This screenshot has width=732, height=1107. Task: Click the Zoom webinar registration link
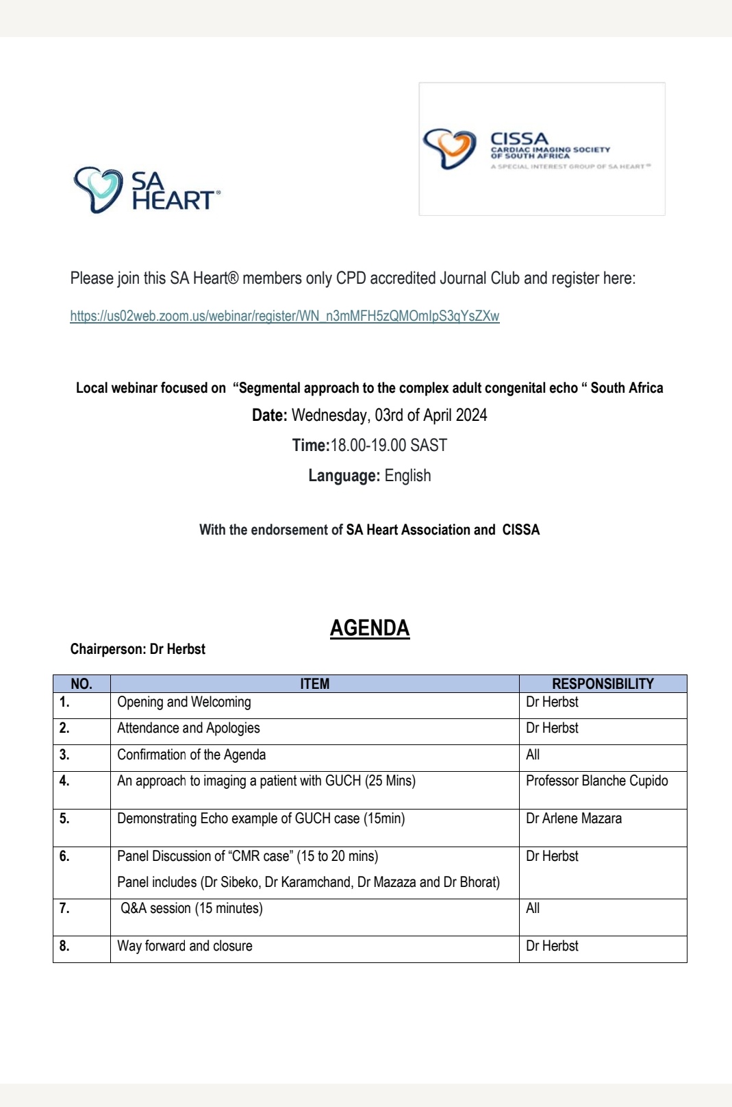click(x=285, y=316)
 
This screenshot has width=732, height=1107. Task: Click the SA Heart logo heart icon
click(x=98, y=188)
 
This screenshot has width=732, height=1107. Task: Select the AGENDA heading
click(x=370, y=628)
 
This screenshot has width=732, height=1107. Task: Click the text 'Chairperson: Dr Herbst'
click(x=138, y=649)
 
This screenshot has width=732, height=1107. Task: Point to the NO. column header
click(x=81, y=683)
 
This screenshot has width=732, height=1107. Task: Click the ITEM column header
click(x=314, y=683)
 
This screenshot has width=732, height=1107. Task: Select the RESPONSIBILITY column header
click(x=603, y=683)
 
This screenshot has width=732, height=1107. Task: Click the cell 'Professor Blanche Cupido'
click(x=596, y=781)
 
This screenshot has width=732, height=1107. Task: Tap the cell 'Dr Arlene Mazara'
click(x=574, y=818)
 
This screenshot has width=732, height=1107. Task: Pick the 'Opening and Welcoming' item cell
click(x=184, y=702)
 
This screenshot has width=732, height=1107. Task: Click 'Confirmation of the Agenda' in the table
click(x=192, y=755)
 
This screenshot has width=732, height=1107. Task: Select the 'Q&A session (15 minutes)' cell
click(x=192, y=908)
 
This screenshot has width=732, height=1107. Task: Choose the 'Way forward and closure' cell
click(x=185, y=946)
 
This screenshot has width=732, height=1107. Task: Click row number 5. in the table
click(x=64, y=818)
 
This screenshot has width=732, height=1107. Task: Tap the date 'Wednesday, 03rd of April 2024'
click(x=389, y=415)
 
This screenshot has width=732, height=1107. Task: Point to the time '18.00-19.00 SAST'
click(x=388, y=446)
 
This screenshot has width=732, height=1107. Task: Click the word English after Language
click(x=407, y=476)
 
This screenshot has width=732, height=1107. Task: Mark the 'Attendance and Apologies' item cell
click(x=188, y=728)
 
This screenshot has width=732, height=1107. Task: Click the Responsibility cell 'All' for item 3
click(x=533, y=755)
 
